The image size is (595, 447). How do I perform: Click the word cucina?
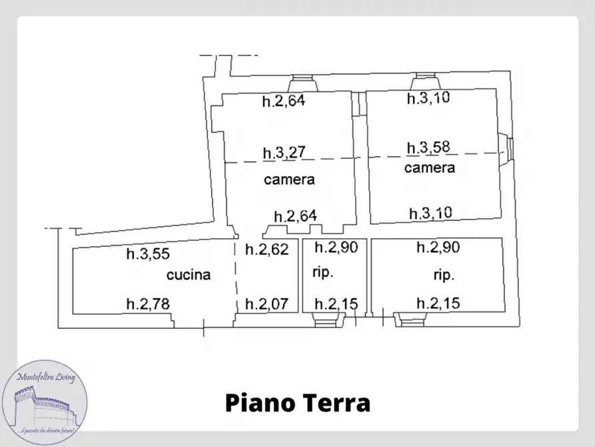[189, 274]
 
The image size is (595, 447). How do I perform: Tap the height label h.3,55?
[149, 254]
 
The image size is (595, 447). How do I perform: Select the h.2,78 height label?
[149, 304]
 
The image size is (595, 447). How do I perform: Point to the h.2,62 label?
[267, 250]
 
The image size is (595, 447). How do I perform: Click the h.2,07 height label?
[267, 304]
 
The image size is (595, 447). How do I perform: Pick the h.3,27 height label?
[284, 153]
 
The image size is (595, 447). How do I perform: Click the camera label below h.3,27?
[289, 179]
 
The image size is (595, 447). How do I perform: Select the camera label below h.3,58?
[430, 167]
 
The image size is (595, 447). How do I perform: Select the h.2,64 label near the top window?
[283, 102]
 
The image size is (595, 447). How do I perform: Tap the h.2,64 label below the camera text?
[296, 216]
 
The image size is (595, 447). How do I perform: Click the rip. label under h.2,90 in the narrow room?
[322, 273]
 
